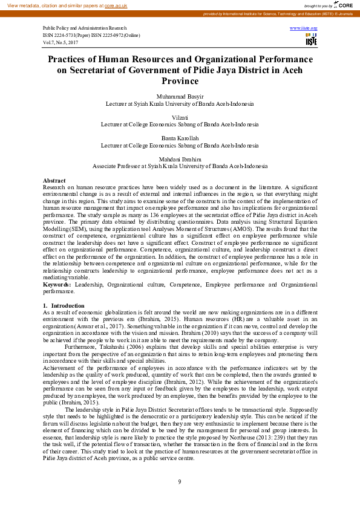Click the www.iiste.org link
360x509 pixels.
coord(304,28)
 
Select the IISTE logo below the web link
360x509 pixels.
coord(311,40)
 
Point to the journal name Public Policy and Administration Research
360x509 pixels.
coord(85,28)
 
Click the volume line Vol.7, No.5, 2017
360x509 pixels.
coord(61,42)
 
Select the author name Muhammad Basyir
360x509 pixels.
coord(180,97)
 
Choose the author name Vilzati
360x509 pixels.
coord(180,117)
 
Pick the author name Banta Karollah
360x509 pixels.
coord(180,138)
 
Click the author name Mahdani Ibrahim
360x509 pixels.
coord(180,159)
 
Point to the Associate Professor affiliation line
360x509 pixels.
coord(180,166)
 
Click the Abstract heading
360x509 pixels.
coord(54,181)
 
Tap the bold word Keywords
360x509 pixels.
coord(56,284)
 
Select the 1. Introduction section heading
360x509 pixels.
coord(64,305)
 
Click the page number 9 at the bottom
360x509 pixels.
coord(180,481)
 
